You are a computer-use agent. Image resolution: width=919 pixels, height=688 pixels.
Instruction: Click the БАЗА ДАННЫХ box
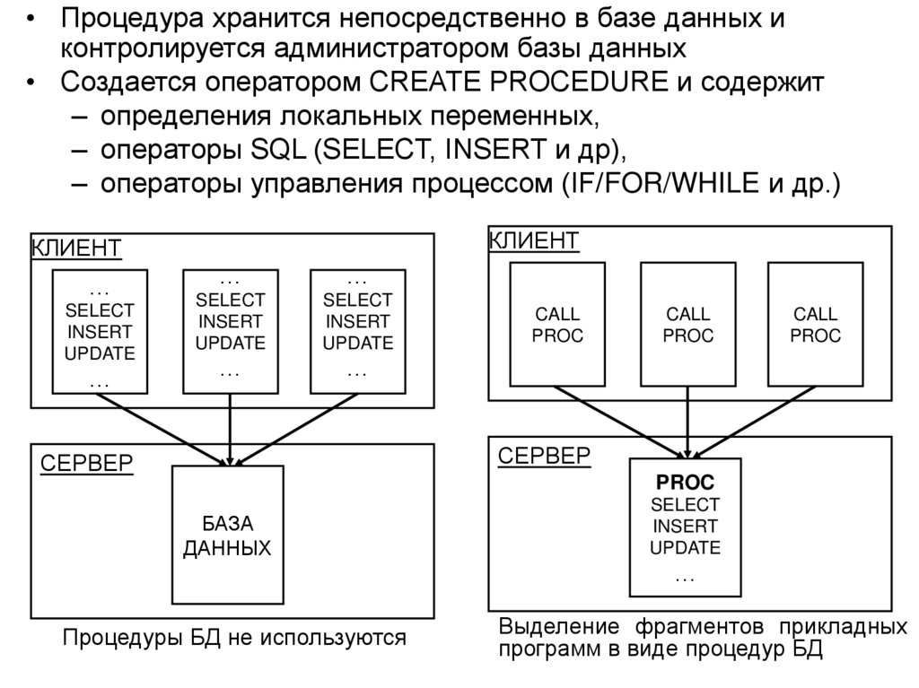click(227, 535)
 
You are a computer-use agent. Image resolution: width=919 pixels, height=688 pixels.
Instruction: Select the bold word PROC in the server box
click(685, 483)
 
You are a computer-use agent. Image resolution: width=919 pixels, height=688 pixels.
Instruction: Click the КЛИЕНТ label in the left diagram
click(76, 247)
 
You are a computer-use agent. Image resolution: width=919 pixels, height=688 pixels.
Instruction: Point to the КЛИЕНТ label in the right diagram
click(533, 239)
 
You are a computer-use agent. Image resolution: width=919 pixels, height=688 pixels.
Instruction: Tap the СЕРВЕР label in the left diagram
click(87, 463)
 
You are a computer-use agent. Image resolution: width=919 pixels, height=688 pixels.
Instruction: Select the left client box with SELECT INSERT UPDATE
click(100, 331)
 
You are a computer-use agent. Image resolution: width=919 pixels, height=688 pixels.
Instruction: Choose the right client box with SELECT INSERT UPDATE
click(357, 331)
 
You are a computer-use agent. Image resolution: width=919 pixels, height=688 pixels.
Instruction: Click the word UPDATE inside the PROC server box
click(685, 547)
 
